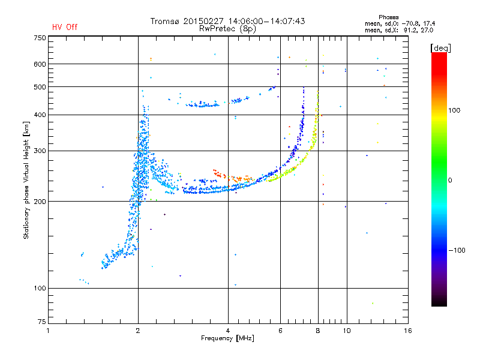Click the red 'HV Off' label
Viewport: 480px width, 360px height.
tap(65, 27)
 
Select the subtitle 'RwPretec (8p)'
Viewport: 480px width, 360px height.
tap(227, 29)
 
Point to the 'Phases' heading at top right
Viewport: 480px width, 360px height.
tap(388, 17)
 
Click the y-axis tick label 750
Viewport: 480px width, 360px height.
tap(40, 38)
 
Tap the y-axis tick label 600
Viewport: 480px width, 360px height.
tap(40, 64)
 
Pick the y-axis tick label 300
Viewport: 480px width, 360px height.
tap(40, 151)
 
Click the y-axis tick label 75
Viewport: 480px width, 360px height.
tap(41, 322)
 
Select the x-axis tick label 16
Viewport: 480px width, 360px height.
tap(408, 331)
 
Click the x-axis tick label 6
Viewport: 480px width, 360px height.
tap(280, 331)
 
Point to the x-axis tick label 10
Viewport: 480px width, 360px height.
tap(347, 331)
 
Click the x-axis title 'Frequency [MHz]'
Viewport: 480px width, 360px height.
tap(227, 338)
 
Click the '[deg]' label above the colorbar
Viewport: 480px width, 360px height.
tap(440, 48)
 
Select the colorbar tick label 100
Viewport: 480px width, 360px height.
tap(454, 110)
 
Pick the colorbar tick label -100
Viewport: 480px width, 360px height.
tap(457, 250)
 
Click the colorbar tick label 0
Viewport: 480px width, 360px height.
tap(450, 180)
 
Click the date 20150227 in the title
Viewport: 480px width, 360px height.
tap(203, 21)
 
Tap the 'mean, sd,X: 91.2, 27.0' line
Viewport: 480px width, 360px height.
tap(399, 31)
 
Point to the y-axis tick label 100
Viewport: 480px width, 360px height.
tap(40, 289)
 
